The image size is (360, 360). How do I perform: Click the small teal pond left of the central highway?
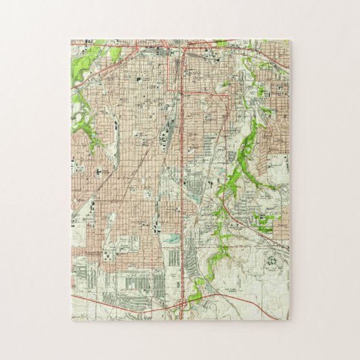pos(169,238)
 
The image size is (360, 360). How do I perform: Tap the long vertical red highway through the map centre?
pos(184,170)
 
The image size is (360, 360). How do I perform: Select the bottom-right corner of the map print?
pos(289,319)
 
